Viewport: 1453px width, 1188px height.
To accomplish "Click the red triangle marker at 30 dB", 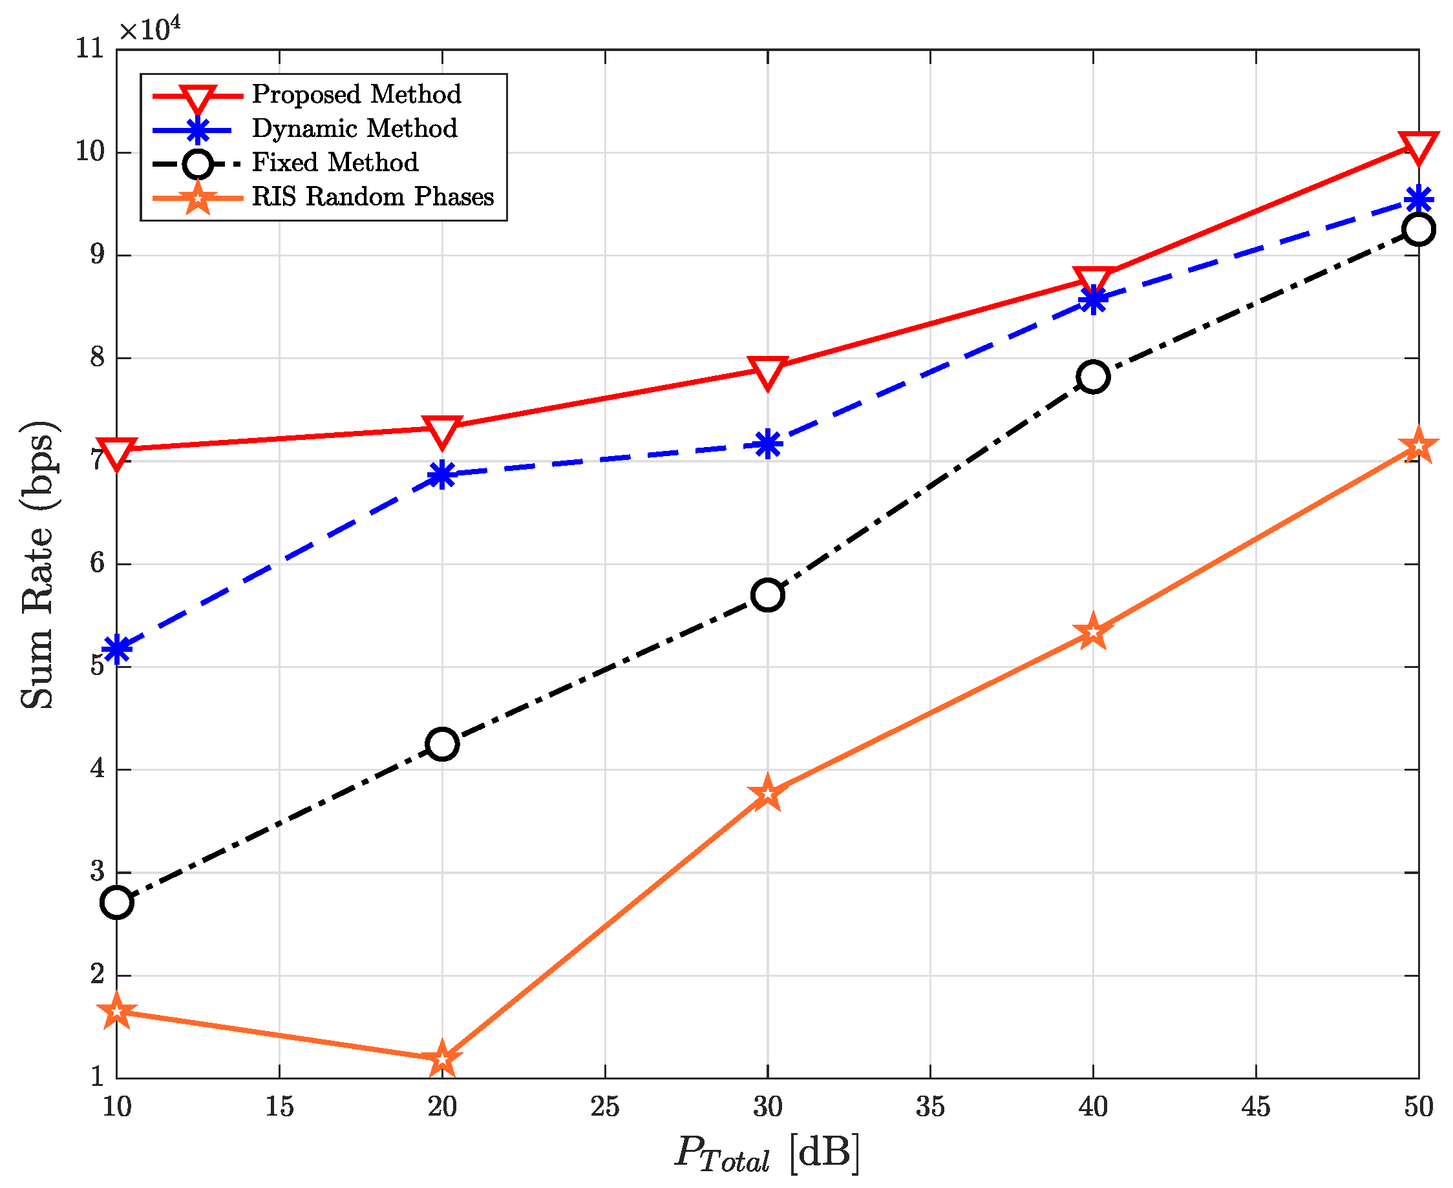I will coord(768,371).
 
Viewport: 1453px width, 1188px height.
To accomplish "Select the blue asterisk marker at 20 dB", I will coord(442,474).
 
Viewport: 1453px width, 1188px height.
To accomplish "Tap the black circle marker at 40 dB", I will coord(1093,377).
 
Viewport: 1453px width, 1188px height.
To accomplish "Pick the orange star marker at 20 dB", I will coord(442,1059).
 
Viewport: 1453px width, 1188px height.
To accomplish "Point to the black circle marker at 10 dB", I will coord(117,902).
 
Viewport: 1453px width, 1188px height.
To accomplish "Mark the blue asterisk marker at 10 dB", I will coord(117,648).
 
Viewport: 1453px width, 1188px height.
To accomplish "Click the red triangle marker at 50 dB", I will coord(1418,147).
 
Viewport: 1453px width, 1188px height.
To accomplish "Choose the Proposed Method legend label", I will coord(356,94).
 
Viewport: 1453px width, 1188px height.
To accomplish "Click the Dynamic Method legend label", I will coord(354,129).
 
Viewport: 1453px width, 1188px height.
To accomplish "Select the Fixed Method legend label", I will coord(335,163).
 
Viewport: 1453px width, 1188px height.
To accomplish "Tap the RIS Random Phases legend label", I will coord(372,197).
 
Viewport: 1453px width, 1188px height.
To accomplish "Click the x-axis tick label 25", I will coord(604,1107).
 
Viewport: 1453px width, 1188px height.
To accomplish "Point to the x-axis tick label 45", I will coord(1256,1107).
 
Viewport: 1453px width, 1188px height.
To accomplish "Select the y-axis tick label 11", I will coord(90,49).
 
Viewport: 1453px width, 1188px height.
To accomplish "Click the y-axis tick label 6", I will coord(97,563).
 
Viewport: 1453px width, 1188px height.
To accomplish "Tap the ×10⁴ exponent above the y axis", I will coord(150,28).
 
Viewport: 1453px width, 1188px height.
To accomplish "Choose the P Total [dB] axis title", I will coord(767,1152).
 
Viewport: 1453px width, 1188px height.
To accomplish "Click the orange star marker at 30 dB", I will coord(768,794).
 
